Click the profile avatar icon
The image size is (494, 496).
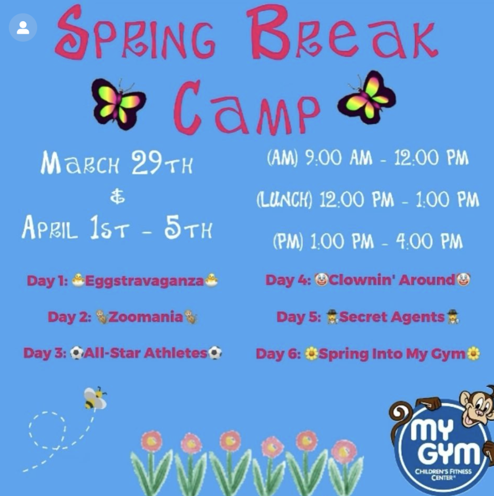[x=23, y=28]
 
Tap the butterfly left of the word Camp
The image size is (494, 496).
[x=118, y=103]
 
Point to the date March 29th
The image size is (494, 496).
[x=117, y=164]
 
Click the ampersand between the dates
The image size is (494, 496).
[x=117, y=199]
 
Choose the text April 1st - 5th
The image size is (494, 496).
[x=117, y=230]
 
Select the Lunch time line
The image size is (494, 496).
[x=368, y=200]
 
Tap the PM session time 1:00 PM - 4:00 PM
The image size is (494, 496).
[x=368, y=241]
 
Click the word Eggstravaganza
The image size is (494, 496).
[x=144, y=281]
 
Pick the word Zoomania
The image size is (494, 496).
[x=146, y=317]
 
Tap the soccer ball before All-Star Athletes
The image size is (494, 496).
[x=77, y=353]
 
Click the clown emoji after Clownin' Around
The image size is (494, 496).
[x=463, y=279]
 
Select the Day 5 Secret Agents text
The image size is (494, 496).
[x=368, y=317]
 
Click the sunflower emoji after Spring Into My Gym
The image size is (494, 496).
[x=474, y=354]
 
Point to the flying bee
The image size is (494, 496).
[x=94, y=398]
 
